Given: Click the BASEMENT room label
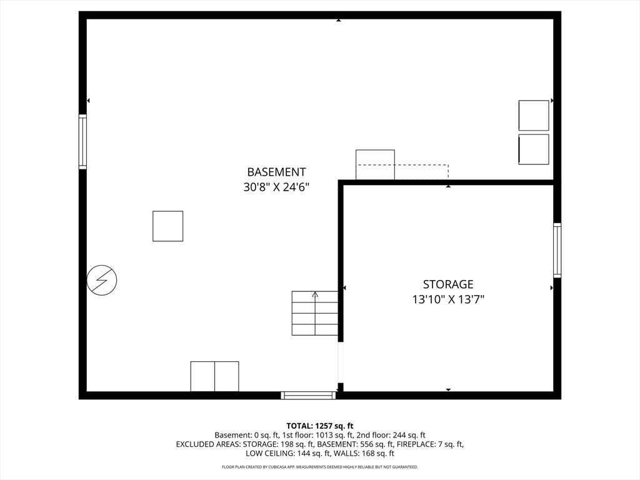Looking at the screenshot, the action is click(x=276, y=172).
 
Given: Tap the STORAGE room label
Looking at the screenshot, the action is click(x=448, y=284).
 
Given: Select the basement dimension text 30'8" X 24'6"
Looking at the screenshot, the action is click(x=276, y=187).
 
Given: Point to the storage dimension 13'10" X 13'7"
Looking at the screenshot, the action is click(x=448, y=299).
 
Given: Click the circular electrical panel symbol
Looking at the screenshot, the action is click(x=102, y=280).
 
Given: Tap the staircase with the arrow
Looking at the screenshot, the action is click(x=315, y=313).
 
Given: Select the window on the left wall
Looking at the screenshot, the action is click(x=83, y=142).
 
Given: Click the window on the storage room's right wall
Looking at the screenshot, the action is click(x=557, y=250).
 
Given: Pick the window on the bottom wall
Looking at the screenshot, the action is click(x=309, y=395).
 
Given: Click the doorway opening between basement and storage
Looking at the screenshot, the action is click(x=341, y=362).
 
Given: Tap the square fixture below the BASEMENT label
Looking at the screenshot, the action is click(x=167, y=226).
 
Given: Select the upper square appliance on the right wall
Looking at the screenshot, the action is click(x=534, y=116).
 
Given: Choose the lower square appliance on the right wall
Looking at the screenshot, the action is click(x=534, y=149).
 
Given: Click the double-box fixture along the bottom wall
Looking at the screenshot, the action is click(x=215, y=376).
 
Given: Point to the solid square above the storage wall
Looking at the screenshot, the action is click(x=375, y=165).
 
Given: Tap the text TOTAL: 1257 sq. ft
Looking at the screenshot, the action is click(x=320, y=426).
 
